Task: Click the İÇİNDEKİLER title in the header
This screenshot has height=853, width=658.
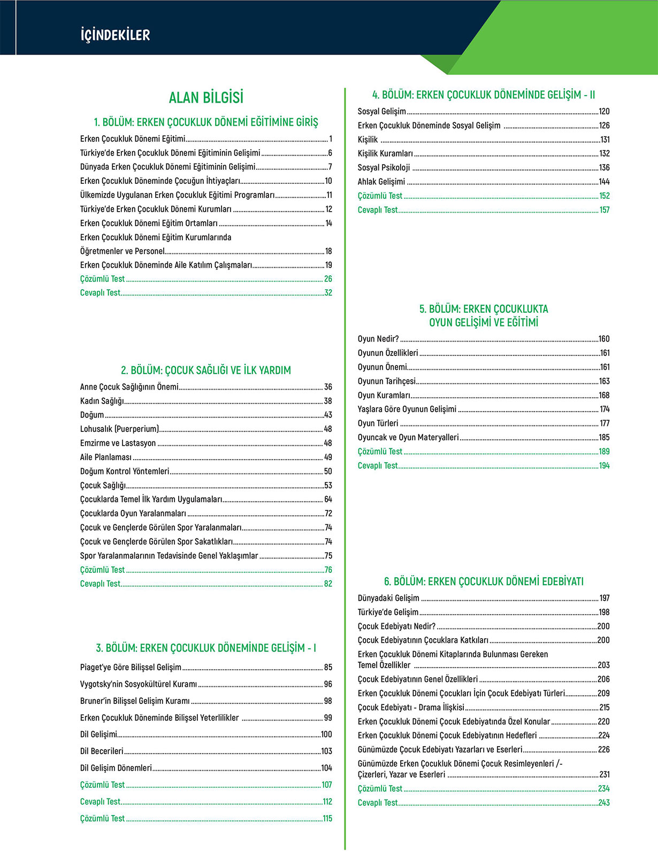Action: click(115, 35)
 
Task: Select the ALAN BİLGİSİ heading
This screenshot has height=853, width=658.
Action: click(206, 98)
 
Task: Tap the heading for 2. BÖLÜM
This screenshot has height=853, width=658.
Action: click(206, 370)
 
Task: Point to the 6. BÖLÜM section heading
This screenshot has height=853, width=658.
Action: click(484, 581)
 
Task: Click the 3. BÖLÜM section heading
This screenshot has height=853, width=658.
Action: click(206, 648)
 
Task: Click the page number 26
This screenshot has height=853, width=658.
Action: click(328, 279)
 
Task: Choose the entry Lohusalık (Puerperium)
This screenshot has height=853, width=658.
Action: click(120, 429)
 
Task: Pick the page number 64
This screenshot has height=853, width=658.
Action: click(328, 499)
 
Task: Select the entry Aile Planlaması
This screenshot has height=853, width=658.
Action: click(106, 457)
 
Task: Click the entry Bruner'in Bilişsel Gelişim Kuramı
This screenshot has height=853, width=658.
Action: click(135, 701)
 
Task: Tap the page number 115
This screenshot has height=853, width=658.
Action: click(327, 818)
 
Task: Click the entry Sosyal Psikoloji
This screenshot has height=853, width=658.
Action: click(384, 168)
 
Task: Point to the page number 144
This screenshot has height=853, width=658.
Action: click(604, 182)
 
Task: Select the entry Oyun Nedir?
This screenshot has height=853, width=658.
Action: click(378, 339)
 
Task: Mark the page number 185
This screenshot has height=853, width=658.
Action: click(604, 437)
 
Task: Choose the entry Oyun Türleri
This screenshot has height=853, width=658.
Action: click(378, 423)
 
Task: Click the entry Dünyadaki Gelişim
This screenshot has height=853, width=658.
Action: click(388, 598)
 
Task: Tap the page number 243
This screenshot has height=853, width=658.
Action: click(604, 803)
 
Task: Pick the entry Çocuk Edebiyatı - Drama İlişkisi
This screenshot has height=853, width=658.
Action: click(411, 708)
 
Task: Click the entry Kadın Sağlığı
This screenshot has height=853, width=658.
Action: click(102, 401)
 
